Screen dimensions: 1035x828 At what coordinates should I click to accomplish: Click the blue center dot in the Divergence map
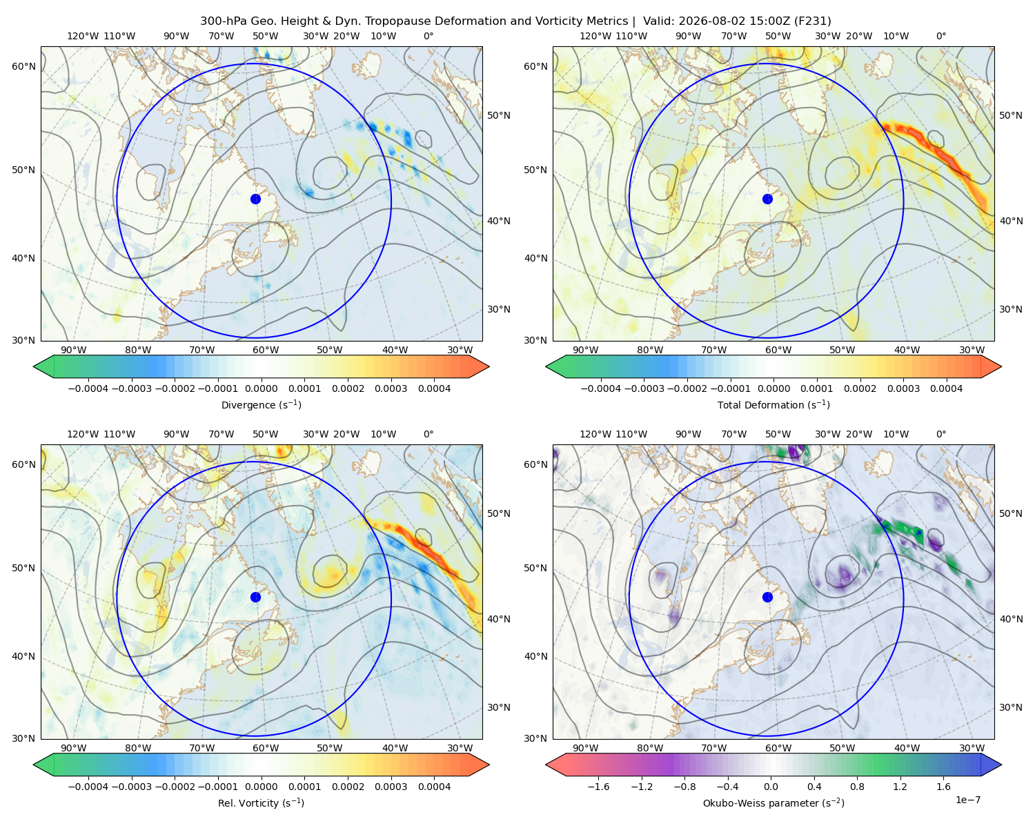[255, 199]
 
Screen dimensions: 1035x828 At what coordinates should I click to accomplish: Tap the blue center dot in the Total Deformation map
[767, 199]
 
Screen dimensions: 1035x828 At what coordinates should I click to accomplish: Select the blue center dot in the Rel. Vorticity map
[255, 597]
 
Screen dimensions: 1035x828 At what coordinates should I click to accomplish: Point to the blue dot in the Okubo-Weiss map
[767, 597]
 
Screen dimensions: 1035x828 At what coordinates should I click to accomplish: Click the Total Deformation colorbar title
[773, 405]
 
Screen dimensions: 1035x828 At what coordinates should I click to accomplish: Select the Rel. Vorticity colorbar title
[261, 803]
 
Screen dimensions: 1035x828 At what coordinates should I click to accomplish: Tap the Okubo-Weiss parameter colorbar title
[773, 803]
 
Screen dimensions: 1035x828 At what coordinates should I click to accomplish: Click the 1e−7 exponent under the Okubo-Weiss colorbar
[967, 800]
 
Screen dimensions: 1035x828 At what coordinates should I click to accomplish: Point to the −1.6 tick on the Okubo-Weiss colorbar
[598, 787]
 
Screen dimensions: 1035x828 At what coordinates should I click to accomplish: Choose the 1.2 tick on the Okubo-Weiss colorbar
[900, 787]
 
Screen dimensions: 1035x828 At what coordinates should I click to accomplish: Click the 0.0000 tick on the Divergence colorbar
[261, 388]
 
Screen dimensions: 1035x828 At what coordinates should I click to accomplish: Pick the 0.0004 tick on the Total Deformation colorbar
[946, 388]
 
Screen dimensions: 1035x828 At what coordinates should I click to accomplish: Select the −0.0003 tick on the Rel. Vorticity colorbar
[131, 787]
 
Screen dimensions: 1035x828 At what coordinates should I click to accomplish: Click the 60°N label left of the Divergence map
[23, 66]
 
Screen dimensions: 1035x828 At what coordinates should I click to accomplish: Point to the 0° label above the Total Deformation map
[940, 36]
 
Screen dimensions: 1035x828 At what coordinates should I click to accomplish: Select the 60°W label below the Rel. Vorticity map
[266, 748]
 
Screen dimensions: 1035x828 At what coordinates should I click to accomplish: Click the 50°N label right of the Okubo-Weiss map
[1011, 513]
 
